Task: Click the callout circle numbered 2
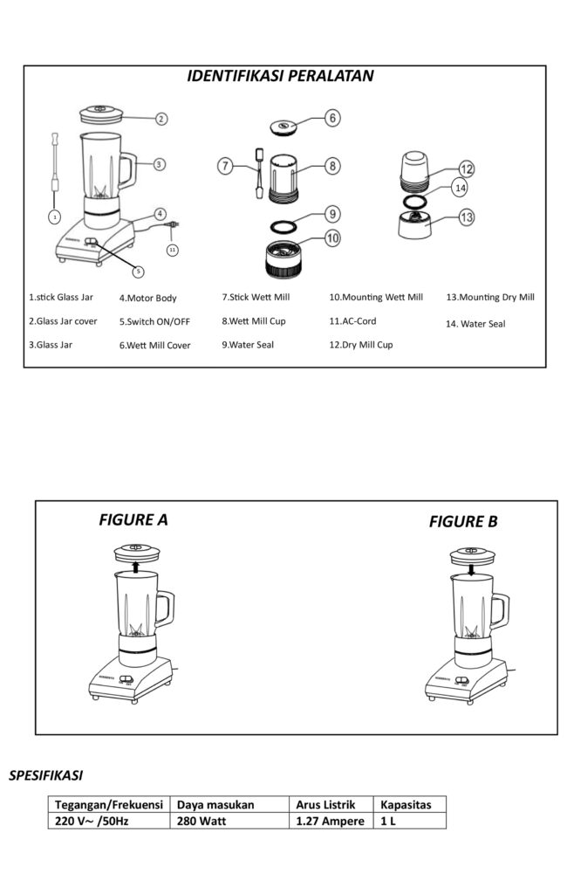[x=161, y=119]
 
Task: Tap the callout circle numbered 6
[x=332, y=117]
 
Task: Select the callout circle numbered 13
[x=467, y=217]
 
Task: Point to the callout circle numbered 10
[x=332, y=237]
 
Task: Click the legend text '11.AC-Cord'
[x=353, y=321]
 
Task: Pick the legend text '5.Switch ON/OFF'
[x=154, y=321]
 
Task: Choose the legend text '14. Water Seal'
[x=475, y=324]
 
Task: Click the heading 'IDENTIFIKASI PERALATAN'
[x=281, y=76]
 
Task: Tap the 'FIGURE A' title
[x=133, y=520]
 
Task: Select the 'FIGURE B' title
[x=463, y=522]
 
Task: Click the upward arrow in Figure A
[x=135, y=567]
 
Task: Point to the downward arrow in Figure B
[x=471, y=569]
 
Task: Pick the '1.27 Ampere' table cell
[x=329, y=822]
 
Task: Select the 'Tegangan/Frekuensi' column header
[x=109, y=805]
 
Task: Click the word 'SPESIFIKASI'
[x=45, y=774]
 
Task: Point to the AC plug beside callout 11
[x=174, y=229]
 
